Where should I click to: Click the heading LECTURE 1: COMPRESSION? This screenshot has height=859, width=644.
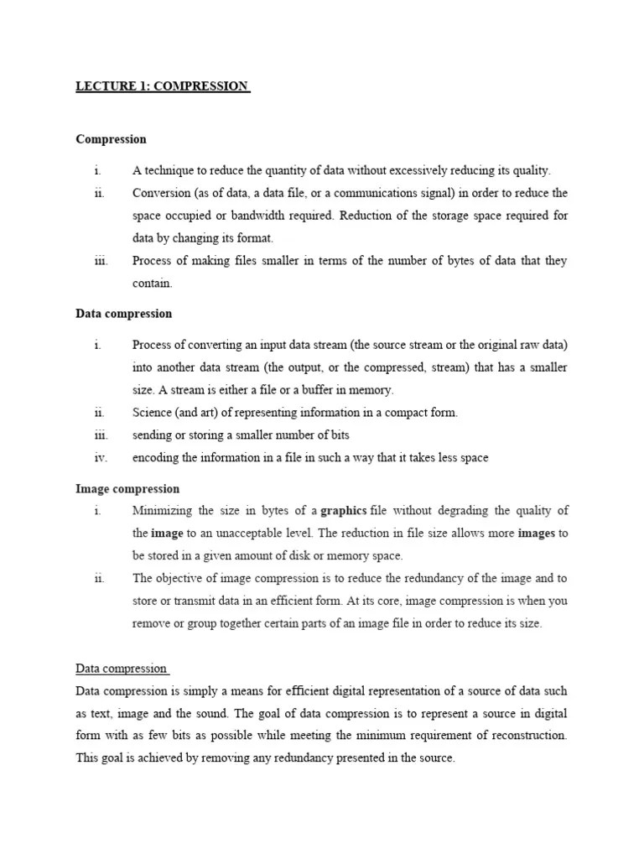pyautogui.click(x=163, y=86)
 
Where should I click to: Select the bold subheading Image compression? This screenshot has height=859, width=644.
pyautogui.click(x=127, y=488)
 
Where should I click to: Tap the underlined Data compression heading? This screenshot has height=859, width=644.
pyautogui.click(x=122, y=669)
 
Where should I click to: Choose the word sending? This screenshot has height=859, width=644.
pyautogui.click(x=153, y=435)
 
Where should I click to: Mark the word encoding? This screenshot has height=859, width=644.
pyautogui.click(x=155, y=458)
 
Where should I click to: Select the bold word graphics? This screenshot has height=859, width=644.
pyautogui.click(x=344, y=511)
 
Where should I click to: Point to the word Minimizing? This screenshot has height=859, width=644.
pyautogui.click(x=162, y=511)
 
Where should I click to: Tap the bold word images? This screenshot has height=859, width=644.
pyautogui.click(x=537, y=534)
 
